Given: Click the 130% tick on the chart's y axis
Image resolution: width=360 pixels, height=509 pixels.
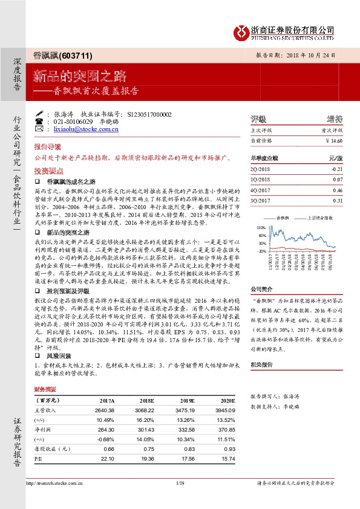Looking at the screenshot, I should click(261, 227).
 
